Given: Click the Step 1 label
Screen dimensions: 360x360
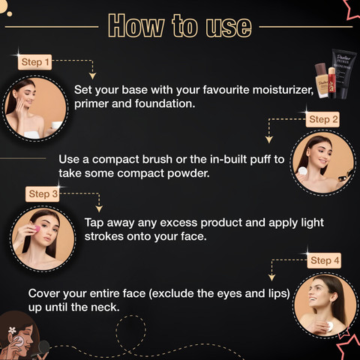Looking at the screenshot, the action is click(34, 62).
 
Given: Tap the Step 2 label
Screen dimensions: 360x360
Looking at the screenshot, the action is click(322, 119).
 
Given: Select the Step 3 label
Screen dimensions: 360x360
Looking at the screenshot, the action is click(43, 194).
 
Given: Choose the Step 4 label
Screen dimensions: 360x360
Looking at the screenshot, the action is click(324, 260).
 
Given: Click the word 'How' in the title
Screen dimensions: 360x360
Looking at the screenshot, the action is click(136, 26).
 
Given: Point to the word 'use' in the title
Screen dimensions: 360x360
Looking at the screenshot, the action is click(229, 28).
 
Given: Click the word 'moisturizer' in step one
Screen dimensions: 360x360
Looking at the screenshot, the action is click(283, 90).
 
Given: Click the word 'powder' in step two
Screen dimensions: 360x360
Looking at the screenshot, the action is click(188, 173).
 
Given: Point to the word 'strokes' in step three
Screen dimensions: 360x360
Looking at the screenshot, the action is click(103, 236).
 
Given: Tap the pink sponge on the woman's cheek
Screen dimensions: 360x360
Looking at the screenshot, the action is click(37, 229).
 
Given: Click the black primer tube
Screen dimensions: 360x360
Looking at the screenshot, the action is click(343, 73).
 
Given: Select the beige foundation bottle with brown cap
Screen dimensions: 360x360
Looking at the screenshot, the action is click(322, 81).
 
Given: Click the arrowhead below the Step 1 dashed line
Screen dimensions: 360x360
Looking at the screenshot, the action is click(92, 76).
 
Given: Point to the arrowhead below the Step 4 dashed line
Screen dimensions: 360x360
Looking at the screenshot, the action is click(271, 277).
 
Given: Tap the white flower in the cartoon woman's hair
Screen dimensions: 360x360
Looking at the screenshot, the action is click(12, 330).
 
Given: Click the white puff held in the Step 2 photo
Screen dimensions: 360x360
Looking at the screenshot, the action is click(302, 171).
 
